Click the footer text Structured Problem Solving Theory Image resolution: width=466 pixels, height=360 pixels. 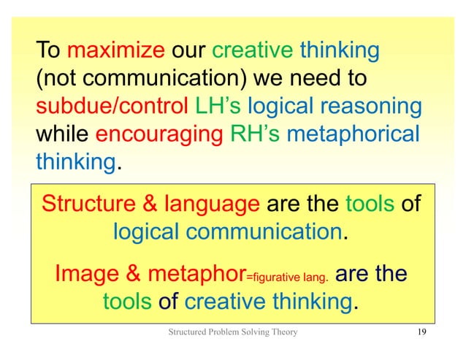click(x=233, y=335)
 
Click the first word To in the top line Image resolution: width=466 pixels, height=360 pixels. click(x=49, y=52)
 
